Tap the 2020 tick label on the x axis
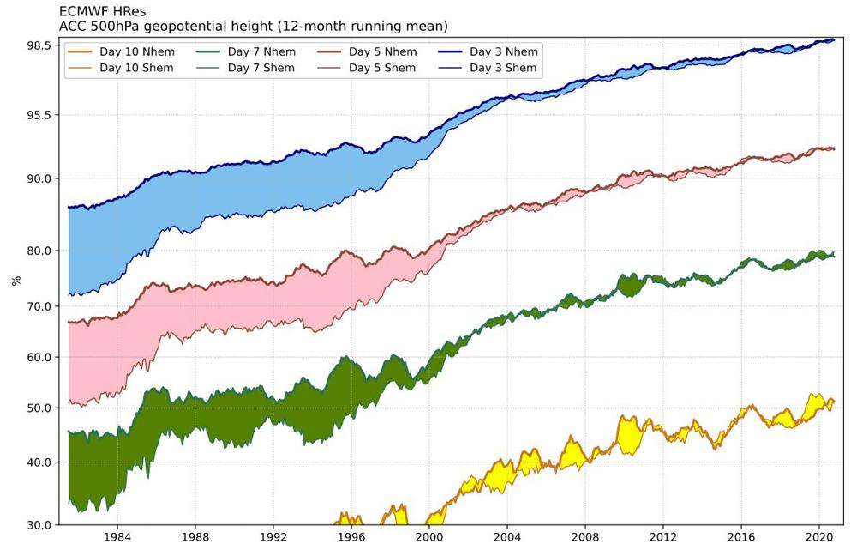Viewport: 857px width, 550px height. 819,537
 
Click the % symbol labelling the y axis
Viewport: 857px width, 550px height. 15,281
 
